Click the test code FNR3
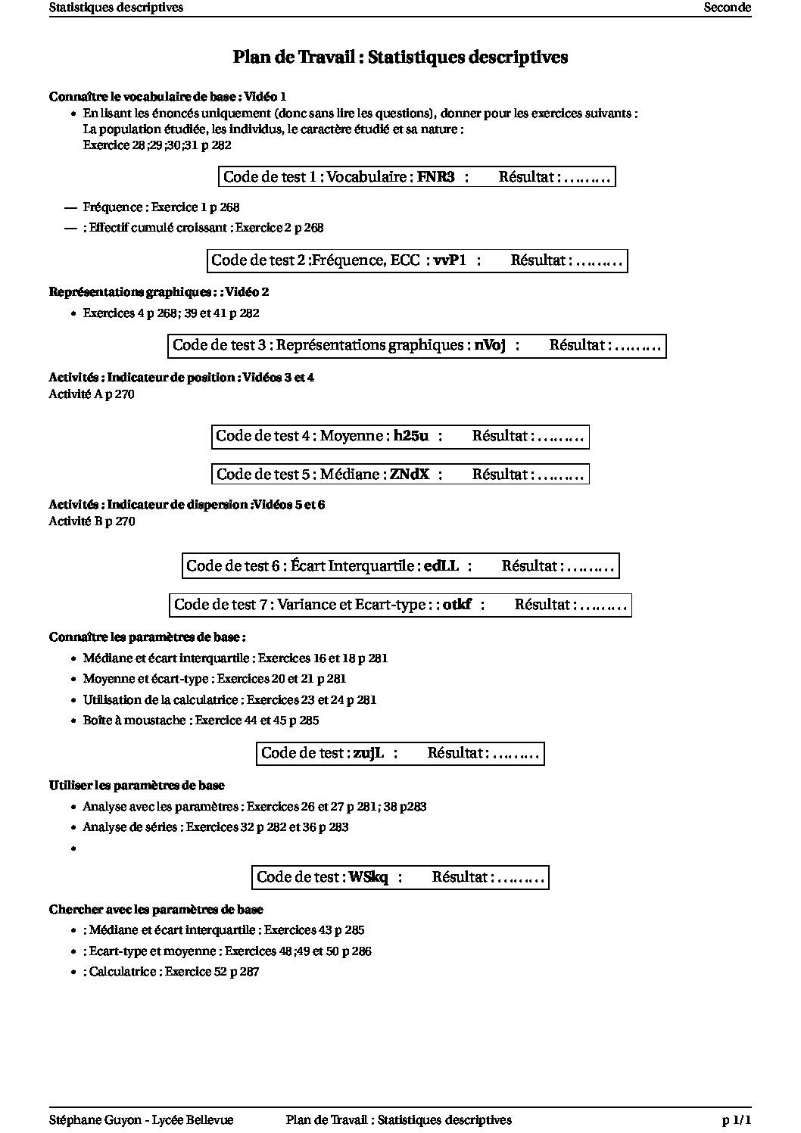436,177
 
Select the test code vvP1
450,260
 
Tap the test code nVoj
490,345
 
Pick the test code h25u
411,436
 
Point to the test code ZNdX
410,475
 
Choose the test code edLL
441,565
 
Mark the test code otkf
457,605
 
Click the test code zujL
369,753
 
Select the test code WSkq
369,877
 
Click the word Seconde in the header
727,8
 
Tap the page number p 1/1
736,1119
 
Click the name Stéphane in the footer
73,1119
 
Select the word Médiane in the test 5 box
350,475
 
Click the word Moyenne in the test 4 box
352,436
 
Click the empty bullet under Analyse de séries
73,849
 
